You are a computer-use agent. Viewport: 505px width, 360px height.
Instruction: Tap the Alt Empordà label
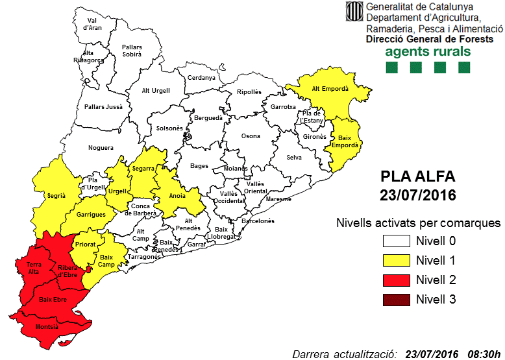click(x=330, y=89)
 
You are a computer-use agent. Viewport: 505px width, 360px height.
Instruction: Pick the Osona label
click(x=251, y=136)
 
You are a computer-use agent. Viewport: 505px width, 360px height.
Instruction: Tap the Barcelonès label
click(x=258, y=221)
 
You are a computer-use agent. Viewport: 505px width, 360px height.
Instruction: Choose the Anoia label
click(x=177, y=195)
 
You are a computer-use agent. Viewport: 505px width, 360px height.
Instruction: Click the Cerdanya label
click(x=201, y=78)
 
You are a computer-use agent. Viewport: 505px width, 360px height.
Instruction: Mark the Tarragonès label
click(x=143, y=257)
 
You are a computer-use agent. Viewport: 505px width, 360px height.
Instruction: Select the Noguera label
click(x=101, y=148)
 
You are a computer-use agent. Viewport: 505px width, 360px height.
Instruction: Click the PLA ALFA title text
click(x=418, y=176)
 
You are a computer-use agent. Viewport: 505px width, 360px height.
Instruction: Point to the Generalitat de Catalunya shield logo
click(x=354, y=11)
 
